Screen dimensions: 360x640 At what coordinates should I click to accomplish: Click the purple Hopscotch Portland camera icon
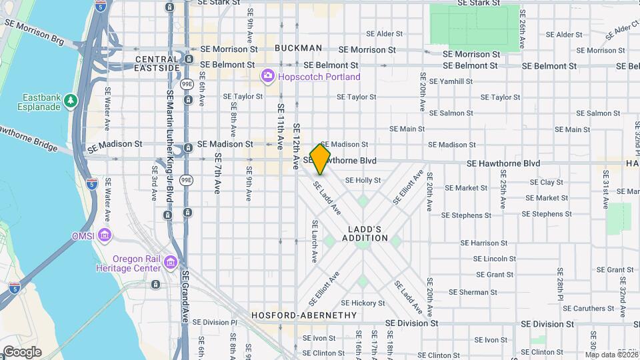click(x=268, y=77)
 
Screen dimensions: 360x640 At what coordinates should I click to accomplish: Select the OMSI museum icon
click(x=105, y=235)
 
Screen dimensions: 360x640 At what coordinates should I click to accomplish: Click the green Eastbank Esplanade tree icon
click(x=71, y=101)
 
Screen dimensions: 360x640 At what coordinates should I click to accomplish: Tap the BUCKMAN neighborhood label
click(x=298, y=48)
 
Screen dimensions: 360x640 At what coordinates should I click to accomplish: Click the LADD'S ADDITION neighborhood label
click(x=365, y=233)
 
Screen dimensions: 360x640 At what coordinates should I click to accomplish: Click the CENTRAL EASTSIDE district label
click(x=157, y=63)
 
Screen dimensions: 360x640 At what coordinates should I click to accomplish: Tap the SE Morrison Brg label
click(x=34, y=32)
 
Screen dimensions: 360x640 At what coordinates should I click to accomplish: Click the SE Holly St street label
click(x=363, y=180)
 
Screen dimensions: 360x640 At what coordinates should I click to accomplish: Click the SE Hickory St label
click(x=363, y=303)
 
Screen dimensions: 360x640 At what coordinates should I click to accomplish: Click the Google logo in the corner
click(x=22, y=352)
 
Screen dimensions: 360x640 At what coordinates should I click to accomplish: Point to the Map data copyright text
click(x=611, y=355)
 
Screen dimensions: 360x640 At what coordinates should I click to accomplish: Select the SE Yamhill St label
click(x=451, y=81)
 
